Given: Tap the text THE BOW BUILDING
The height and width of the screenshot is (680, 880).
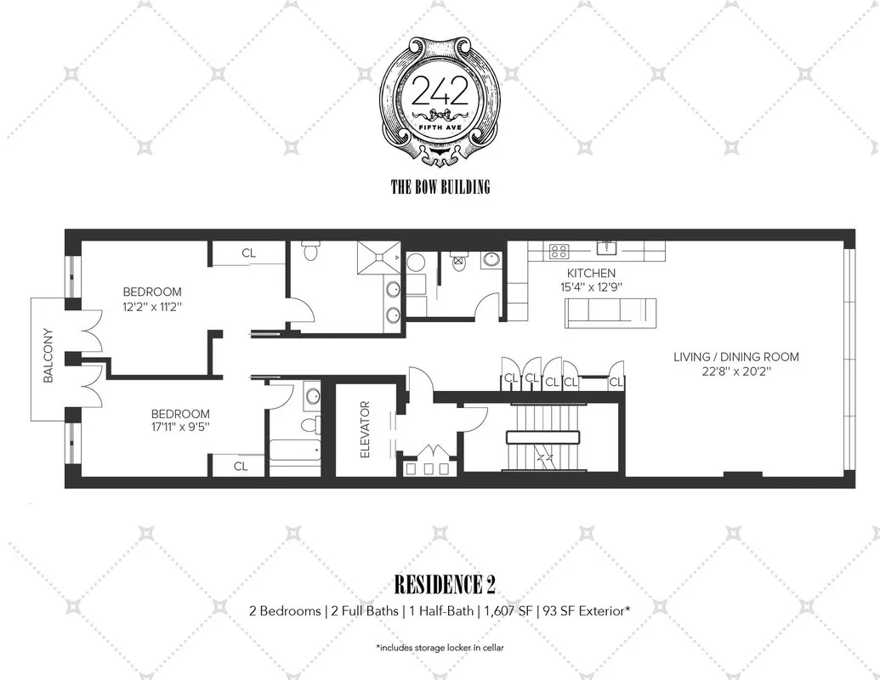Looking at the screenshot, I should click(x=440, y=186).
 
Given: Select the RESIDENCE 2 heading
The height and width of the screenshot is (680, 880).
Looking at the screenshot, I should click(x=444, y=585).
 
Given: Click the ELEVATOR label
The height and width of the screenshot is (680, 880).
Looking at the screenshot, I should click(x=366, y=436).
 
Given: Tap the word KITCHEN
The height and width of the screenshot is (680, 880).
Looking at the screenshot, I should click(x=591, y=273).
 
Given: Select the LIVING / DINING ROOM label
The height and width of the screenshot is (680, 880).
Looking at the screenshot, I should click(x=735, y=357).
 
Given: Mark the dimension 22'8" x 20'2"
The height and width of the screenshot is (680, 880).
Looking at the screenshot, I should click(x=735, y=372).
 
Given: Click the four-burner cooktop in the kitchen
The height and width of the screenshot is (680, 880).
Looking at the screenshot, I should click(x=559, y=250).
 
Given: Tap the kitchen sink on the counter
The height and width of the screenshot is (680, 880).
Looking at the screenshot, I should click(x=607, y=248).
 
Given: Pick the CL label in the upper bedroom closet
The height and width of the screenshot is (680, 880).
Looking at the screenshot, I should click(x=248, y=252).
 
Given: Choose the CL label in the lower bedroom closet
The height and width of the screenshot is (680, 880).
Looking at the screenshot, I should click(x=241, y=466).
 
